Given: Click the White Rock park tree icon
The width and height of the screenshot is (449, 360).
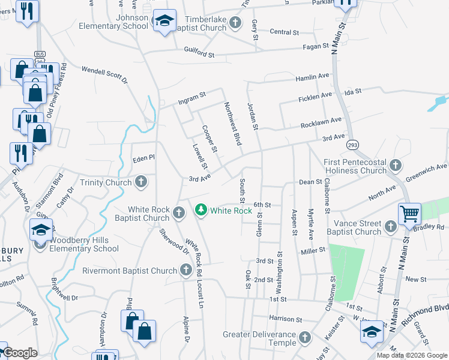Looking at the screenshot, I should pos(201,210).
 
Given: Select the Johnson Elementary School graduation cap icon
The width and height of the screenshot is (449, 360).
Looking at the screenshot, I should pos(164,22).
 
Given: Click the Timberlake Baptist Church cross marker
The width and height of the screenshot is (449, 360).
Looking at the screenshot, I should pos(235,24).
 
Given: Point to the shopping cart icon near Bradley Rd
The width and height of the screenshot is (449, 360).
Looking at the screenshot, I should pos(409,213).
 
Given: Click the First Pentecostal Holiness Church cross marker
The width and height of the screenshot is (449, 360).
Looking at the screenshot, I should pos(395,165).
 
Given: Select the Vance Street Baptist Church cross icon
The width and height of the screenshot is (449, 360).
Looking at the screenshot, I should pos(391,226).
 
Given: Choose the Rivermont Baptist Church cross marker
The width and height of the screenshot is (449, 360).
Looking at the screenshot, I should pos(186,271).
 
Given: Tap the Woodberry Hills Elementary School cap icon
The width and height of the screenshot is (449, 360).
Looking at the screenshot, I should pos(41,229).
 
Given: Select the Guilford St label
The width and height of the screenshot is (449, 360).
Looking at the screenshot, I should pos(199,54).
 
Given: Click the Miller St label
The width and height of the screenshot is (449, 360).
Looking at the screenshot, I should pos(313,250).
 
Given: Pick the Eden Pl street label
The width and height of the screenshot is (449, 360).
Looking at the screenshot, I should pos(144,157).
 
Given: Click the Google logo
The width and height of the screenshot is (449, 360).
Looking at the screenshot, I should pos(20,353).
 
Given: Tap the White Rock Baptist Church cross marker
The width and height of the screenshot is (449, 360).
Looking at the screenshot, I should pos(179,212).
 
